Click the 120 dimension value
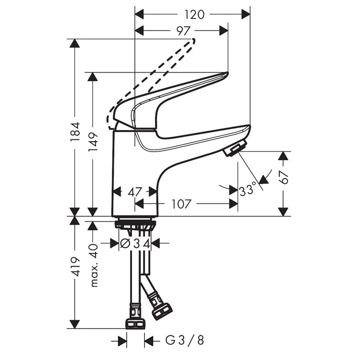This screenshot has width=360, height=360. click(194, 15)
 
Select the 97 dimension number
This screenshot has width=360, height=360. click(184, 31)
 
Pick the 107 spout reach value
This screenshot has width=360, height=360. click(181, 204)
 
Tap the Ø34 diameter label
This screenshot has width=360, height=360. click(135, 243)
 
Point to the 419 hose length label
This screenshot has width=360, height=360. click(75, 266)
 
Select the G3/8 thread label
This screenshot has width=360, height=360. click(185, 340)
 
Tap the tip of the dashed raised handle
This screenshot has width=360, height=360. click(194, 41)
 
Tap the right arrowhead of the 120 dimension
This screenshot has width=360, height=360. click(246, 15)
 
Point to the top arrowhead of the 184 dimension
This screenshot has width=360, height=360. click(75, 44)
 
